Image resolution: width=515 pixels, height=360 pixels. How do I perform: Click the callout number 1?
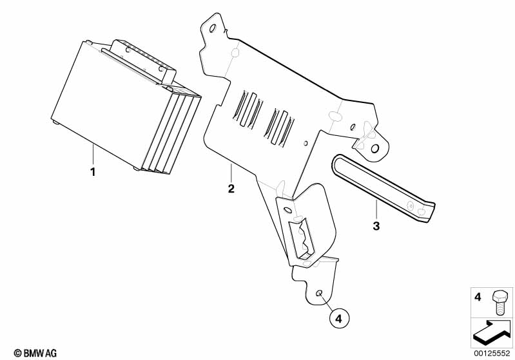click(x=93, y=172)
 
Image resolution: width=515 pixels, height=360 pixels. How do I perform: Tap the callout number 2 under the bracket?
click(x=231, y=189)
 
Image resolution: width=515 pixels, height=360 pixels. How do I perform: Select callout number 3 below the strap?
click(x=376, y=225)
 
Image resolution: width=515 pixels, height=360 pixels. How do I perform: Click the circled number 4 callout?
click(x=339, y=318)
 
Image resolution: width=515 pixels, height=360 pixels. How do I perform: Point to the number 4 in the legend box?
click(x=478, y=298)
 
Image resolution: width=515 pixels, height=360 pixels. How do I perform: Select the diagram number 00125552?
click(x=492, y=352)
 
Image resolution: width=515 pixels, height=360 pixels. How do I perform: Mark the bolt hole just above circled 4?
click(x=319, y=294)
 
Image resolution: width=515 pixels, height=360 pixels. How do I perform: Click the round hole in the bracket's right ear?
click(x=374, y=149)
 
